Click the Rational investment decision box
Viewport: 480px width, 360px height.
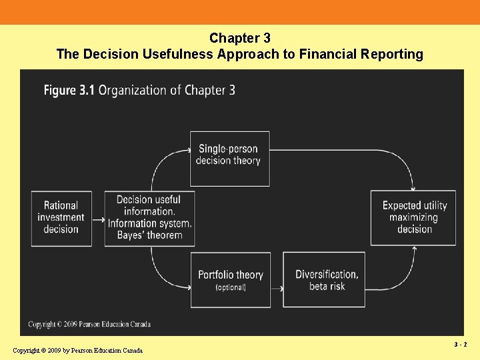61,218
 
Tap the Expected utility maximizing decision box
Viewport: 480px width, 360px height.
413,218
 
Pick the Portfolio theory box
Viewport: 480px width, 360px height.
231,280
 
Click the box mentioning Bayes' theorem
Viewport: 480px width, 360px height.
149,218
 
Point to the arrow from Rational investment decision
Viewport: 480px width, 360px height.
98,219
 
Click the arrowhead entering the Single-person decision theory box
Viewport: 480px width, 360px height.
187,151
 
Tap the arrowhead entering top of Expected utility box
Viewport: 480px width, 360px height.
413,188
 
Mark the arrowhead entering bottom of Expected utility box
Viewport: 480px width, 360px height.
415,249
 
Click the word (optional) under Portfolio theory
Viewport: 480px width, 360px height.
231,287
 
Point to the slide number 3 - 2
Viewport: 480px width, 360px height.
461,345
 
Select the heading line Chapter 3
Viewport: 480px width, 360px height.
239,39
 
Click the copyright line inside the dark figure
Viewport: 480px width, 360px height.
89,325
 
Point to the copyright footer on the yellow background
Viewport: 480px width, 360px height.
77,351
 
